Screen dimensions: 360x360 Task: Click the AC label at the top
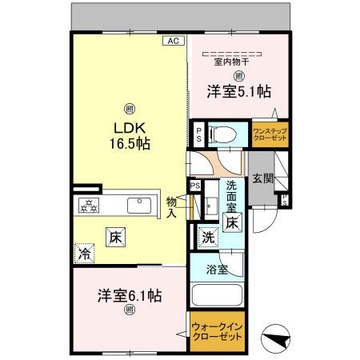172,39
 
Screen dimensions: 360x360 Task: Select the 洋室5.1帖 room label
239,91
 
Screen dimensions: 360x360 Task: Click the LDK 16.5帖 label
126,135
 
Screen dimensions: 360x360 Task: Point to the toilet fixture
223,134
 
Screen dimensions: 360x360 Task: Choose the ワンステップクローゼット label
269,134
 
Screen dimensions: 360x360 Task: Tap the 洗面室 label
231,196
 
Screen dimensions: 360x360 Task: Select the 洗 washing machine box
207,237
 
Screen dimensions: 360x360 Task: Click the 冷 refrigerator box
83,254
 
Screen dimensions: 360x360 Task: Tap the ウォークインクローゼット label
217,331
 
